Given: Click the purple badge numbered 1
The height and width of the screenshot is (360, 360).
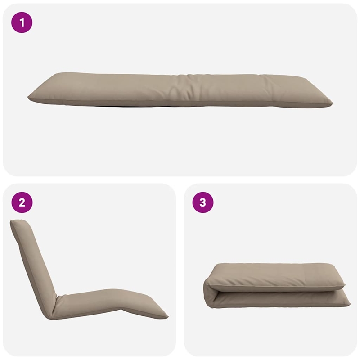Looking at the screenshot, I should coord(22,22).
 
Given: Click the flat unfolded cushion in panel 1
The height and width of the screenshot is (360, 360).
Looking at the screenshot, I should coord(180,90).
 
